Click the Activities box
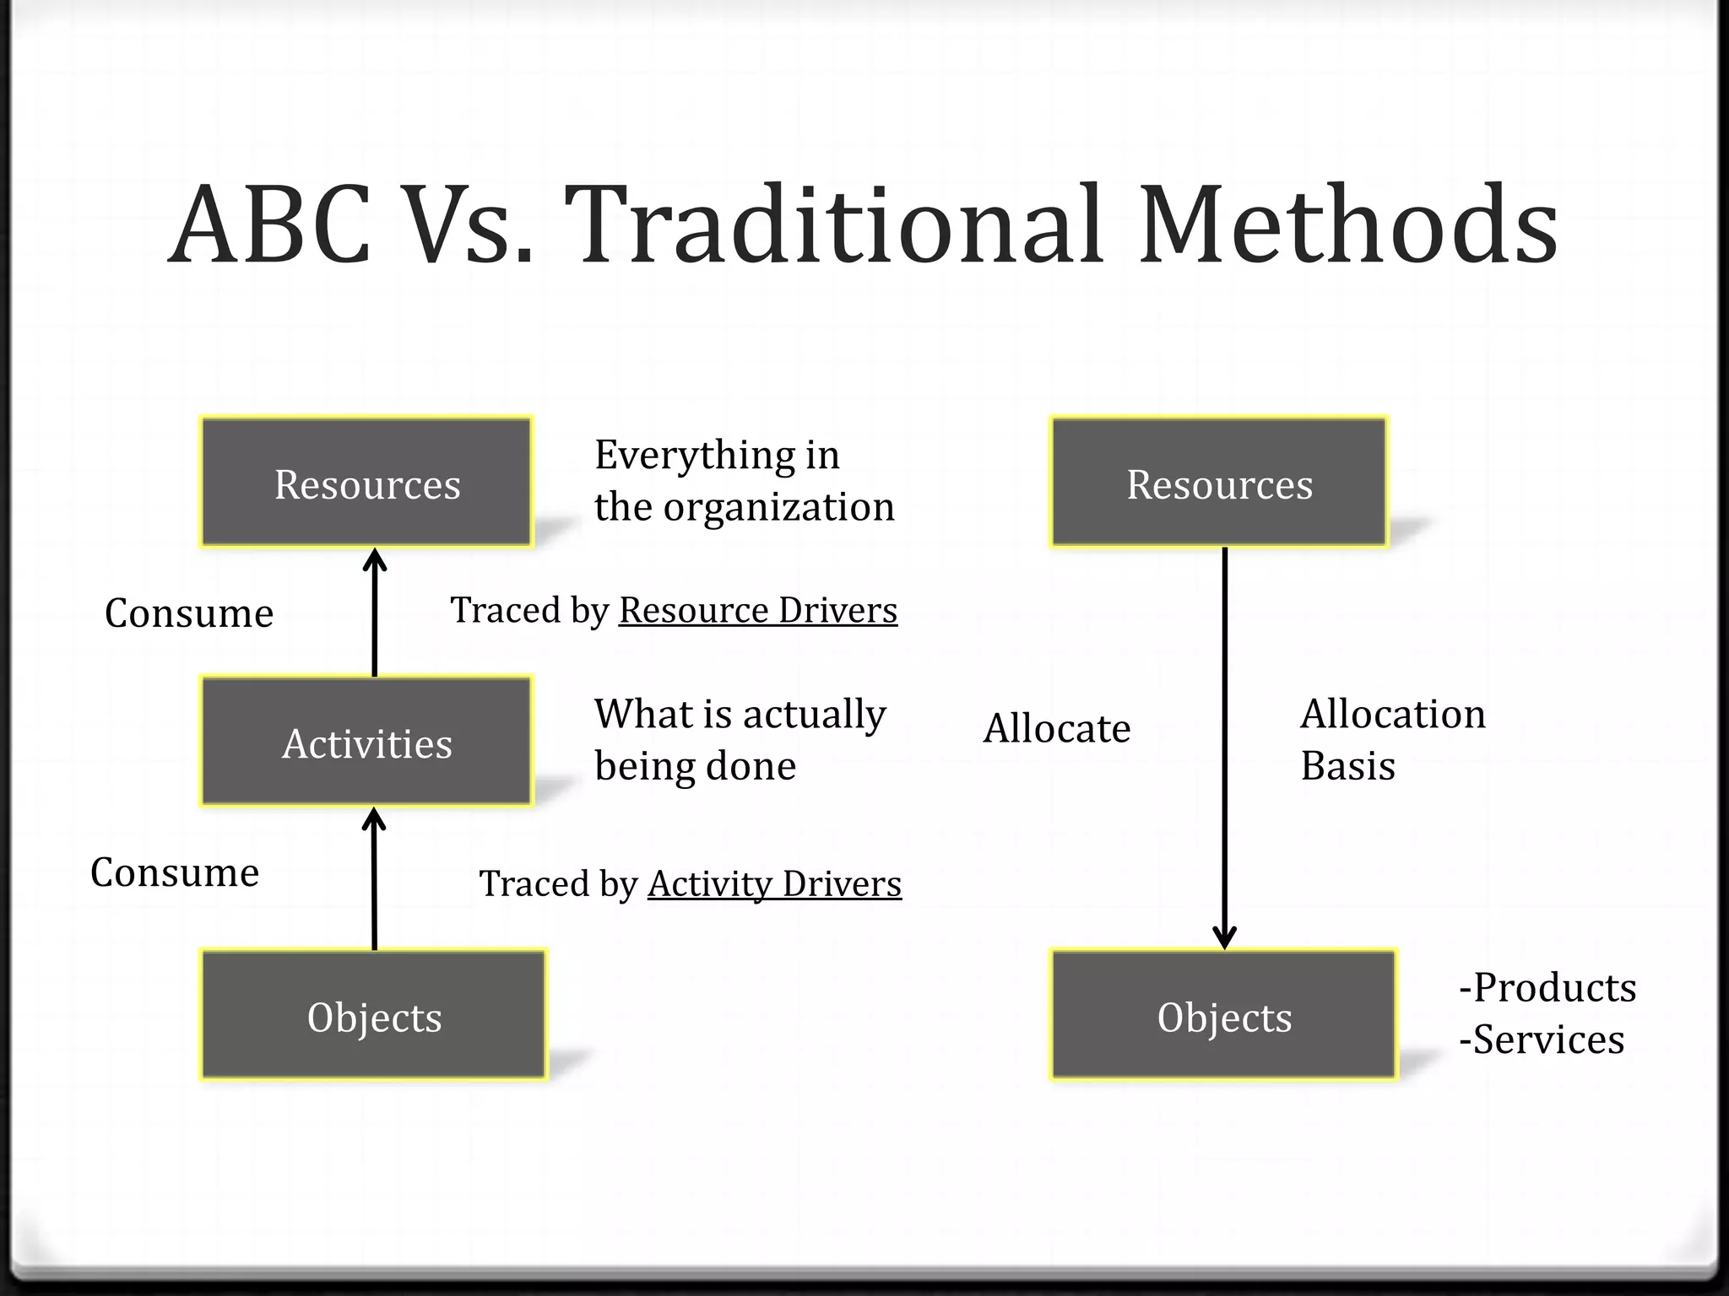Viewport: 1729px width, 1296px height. (366, 741)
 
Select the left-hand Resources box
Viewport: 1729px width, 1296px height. (366, 482)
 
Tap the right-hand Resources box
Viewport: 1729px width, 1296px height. (1218, 482)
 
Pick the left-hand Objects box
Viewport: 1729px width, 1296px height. (373, 1014)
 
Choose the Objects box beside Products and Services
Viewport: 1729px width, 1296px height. (1223, 1014)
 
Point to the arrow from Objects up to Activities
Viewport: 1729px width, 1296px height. (374, 877)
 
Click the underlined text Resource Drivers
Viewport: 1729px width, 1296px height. (757, 610)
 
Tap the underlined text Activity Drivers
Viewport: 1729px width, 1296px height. (774, 883)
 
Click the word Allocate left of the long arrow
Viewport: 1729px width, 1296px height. (1056, 727)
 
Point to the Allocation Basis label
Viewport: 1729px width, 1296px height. (1392, 739)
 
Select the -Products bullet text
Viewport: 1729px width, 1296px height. (1547, 986)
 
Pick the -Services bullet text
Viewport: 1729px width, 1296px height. (1541, 1039)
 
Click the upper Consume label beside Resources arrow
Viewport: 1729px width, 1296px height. (189, 613)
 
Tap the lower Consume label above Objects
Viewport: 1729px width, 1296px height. (175, 872)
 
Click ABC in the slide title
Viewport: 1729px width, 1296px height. (270, 226)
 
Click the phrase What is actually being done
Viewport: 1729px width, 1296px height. (740, 739)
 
